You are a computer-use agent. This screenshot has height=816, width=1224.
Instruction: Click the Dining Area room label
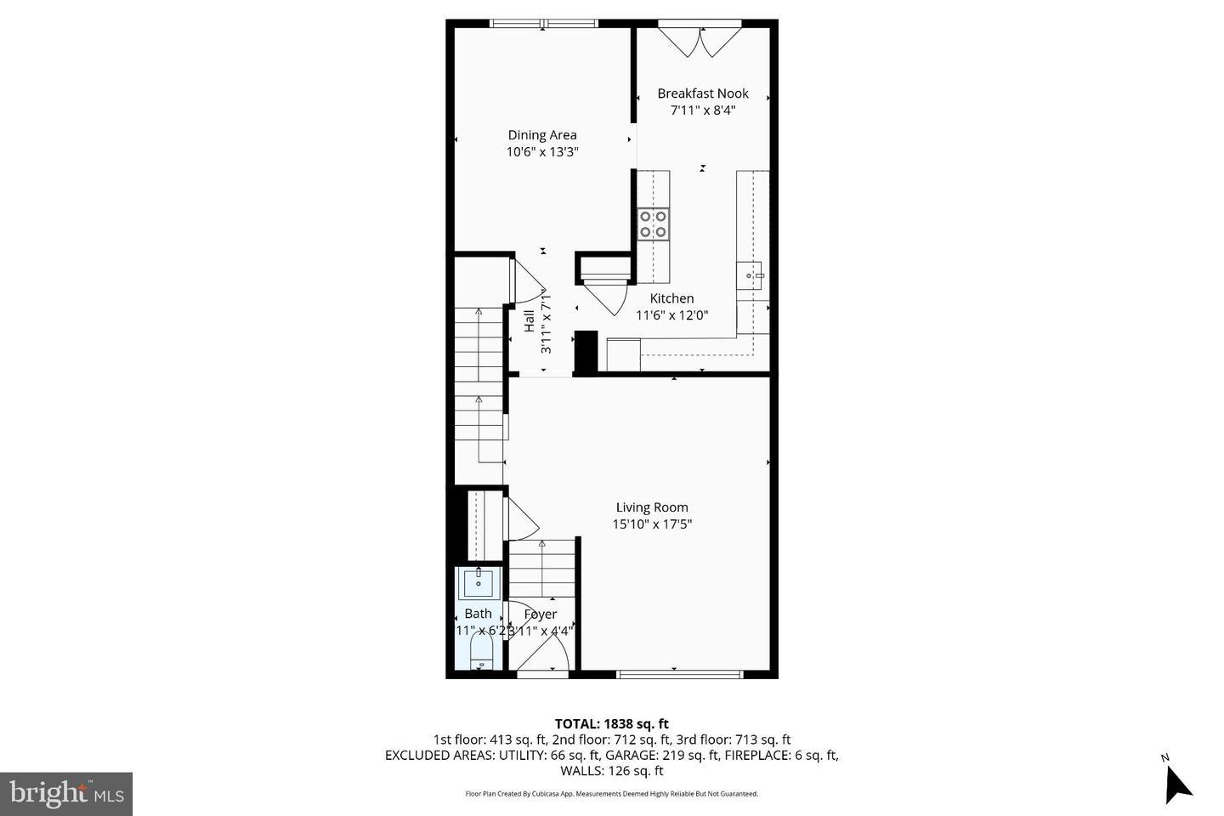(x=542, y=135)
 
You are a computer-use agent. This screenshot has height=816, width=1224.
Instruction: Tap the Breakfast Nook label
(x=702, y=93)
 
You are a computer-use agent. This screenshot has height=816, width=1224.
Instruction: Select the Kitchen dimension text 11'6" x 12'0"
(x=671, y=315)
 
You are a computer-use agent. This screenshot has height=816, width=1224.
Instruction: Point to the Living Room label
(x=652, y=507)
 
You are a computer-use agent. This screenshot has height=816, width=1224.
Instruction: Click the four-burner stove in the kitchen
(x=653, y=224)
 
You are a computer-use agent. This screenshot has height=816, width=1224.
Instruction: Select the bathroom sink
(x=479, y=584)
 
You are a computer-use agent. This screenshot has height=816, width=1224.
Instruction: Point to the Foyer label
(x=541, y=614)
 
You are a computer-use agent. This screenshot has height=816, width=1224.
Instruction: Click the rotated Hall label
(x=529, y=321)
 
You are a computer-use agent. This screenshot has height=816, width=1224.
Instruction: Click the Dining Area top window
(x=544, y=24)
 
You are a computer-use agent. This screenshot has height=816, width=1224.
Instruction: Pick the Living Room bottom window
(x=679, y=674)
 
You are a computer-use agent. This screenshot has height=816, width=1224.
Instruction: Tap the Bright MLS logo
(x=66, y=794)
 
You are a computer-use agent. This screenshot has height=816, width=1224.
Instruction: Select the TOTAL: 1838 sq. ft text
(x=611, y=724)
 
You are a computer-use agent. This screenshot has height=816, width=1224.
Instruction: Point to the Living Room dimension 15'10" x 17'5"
(x=652, y=524)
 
